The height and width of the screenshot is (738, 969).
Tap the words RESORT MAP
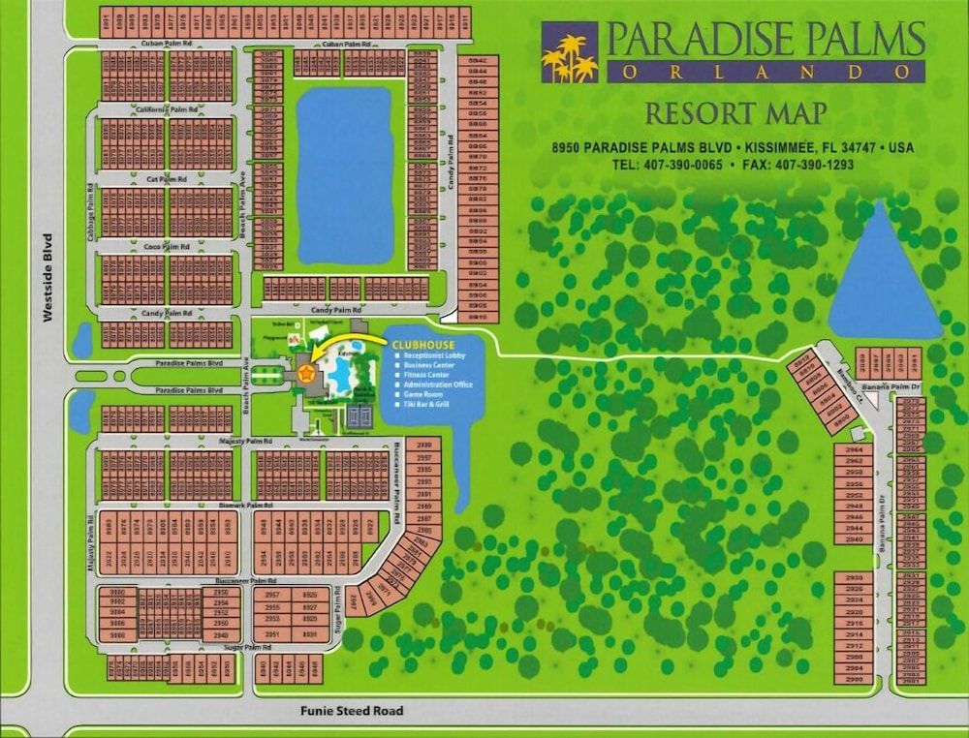tap(736, 113)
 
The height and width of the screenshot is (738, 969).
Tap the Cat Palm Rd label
tap(167, 180)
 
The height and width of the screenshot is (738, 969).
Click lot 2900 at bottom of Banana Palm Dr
tap(854, 680)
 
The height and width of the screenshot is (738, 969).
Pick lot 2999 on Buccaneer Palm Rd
tap(423, 444)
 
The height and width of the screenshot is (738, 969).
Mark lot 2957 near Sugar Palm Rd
tap(272, 595)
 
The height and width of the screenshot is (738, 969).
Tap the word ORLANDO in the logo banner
tap(765, 72)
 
